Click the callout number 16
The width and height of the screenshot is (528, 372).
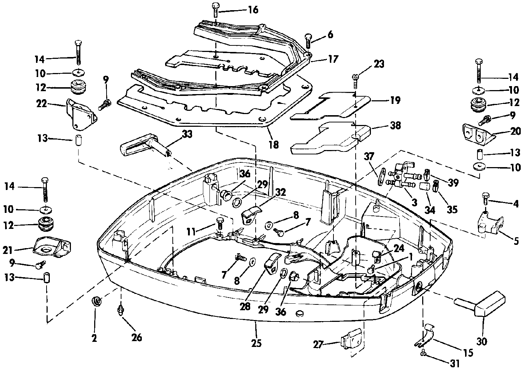tap(253, 10)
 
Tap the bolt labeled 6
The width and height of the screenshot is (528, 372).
tap(308, 41)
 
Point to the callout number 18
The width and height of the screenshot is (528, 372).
tap(273, 145)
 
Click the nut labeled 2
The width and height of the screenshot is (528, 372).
tap(96, 302)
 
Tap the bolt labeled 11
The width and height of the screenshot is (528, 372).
tap(219, 224)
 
